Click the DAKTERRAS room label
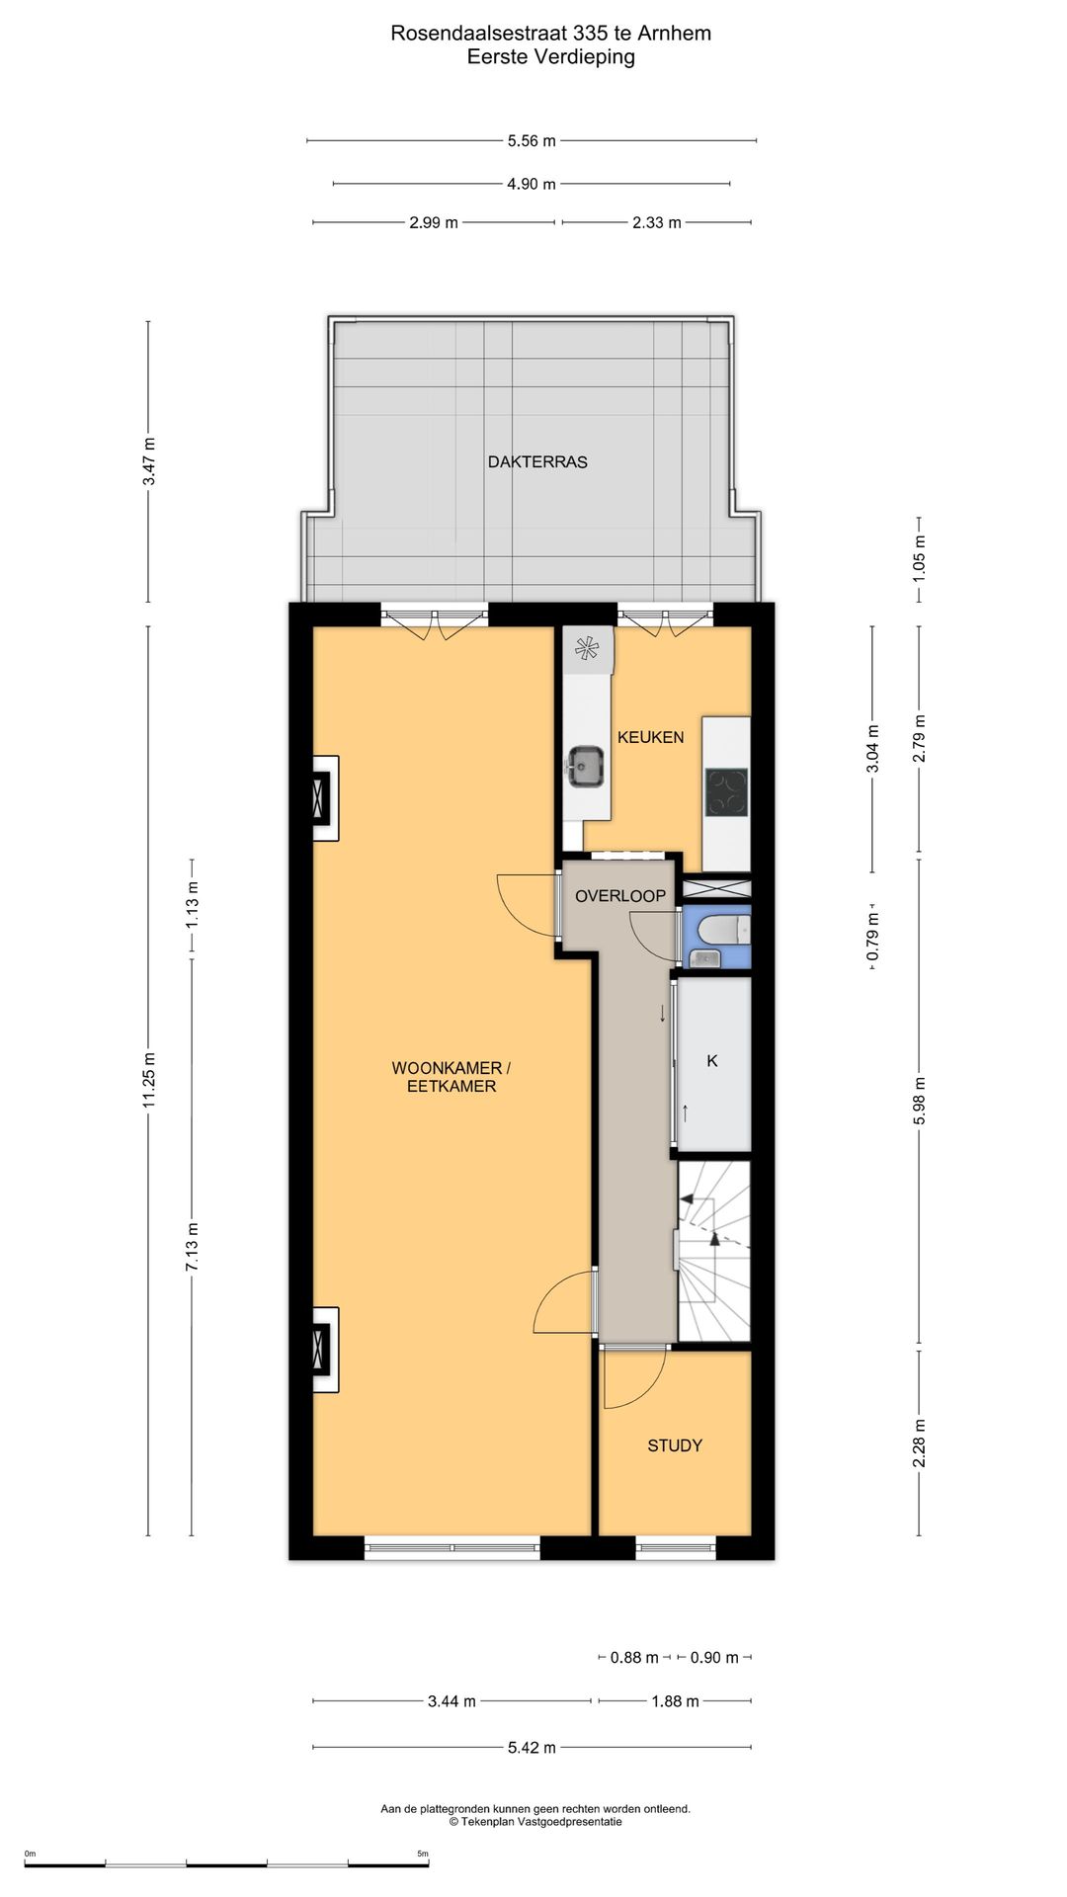(x=537, y=461)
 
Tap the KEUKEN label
(x=650, y=737)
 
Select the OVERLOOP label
(x=620, y=896)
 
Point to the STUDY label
(x=675, y=1445)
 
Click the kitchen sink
(x=586, y=767)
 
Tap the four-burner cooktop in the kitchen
(x=726, y=791)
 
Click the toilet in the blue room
(x=723, y=930)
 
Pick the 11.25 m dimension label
(x=150, y=1080)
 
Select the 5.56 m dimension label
(x=532, y=141)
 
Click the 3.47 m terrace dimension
(x=148, y=461)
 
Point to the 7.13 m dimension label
(x=192, y=1248)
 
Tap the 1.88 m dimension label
(x=675, y=1701)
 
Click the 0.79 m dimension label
(x=872, y=938)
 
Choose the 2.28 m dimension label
(x=919, y=1443)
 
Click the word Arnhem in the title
(x=674, y=33)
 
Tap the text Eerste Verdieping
(x=551, y=57)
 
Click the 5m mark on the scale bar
(x=423, y=1854)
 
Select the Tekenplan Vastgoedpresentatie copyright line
(x=535, y=1821)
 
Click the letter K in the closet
(x=712, y=1061)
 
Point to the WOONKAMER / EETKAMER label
(x=451, y=1077)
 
